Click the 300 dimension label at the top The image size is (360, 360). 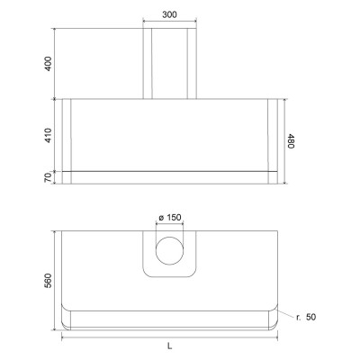169,14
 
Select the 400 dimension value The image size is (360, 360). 48,64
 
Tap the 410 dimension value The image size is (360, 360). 48,135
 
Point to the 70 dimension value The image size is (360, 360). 48,177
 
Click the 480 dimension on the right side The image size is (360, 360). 291,141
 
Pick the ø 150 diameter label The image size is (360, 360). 170,217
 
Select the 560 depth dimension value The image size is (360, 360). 48,281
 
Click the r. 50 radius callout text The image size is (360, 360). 306,317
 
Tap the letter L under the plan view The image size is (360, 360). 170,346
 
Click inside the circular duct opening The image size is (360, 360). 169,250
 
